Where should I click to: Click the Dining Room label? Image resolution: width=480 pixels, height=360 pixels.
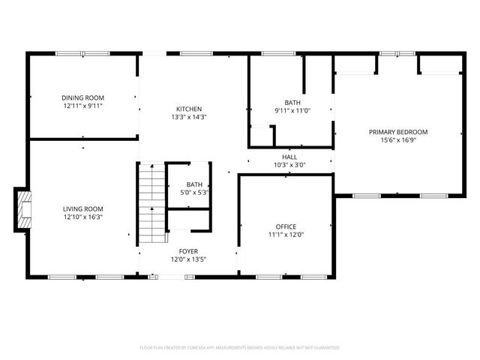tap(82, 97)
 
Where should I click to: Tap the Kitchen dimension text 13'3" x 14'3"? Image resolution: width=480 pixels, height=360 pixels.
tap(188, 117)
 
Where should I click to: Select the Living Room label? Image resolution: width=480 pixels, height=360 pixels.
tap(82, 208)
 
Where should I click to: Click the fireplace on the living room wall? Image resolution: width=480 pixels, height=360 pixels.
tap(25, 208)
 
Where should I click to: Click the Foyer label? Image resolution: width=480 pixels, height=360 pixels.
tap(188, 250)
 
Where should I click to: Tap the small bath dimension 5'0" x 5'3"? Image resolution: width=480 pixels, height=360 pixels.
tap(194, 193)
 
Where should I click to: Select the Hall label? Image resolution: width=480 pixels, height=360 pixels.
tap(289, 156)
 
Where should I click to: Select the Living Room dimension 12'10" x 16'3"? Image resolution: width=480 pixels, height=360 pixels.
tap(82, 217)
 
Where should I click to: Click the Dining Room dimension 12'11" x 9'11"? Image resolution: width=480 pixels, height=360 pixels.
tap(82, 106)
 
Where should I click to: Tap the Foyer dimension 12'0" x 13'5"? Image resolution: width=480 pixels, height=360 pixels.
tap(188, 259)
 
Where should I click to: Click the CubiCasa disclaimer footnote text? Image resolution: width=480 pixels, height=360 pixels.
tap(240, 348)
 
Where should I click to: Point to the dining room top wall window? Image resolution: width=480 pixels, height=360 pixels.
tap(80, 52)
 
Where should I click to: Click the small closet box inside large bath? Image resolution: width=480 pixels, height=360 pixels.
tap(261, 136)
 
